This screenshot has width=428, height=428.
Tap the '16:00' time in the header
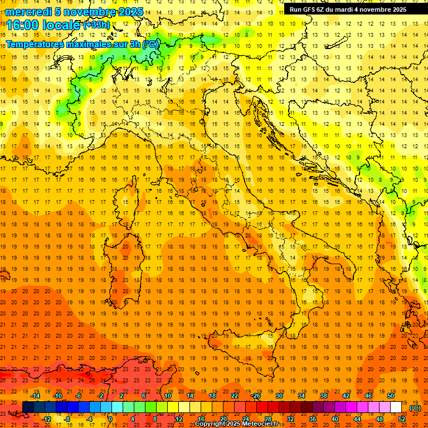[23, 25]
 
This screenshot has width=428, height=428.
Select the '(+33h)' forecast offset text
[96, 25]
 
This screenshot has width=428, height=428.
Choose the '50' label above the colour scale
[391, 396]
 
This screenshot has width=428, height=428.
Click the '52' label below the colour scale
[402, 419]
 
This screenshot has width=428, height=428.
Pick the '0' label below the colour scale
[110, 419]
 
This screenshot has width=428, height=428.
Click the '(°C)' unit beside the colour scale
[415, 408]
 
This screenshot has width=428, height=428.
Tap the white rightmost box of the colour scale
[396, 407]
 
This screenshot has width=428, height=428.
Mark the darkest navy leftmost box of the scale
[28, 407]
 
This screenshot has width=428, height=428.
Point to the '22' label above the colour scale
[235, 396]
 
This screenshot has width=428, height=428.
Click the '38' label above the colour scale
[324, 396]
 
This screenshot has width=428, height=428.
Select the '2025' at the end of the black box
[399, 9]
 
